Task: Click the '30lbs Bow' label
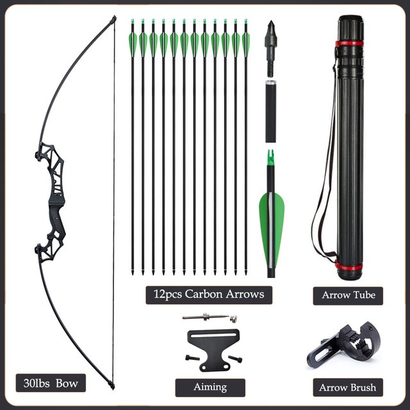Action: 51,383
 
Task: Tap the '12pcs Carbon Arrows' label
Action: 209,295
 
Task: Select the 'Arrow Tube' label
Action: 348,295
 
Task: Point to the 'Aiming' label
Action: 210,387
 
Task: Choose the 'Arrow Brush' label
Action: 348,387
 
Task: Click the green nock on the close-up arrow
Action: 270,158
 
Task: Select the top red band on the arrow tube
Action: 349,44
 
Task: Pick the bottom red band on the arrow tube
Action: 349,267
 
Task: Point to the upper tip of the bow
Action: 114,19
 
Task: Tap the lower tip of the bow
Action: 112,386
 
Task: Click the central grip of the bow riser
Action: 56,199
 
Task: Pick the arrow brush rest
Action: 343,345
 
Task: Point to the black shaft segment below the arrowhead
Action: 270,111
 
